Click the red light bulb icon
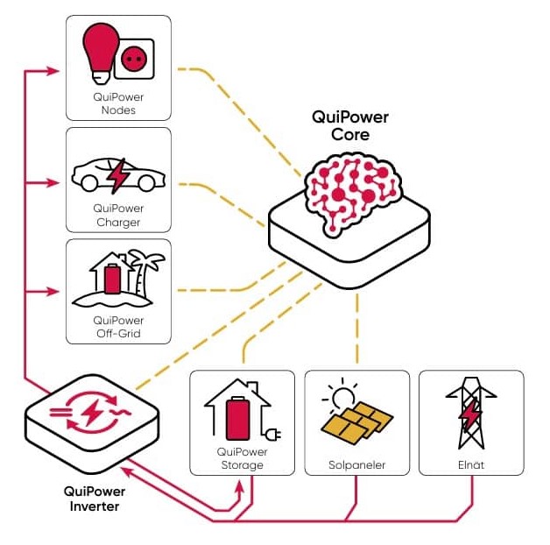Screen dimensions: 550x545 (x=101, y=53)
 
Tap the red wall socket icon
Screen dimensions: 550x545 (x=134, y=59)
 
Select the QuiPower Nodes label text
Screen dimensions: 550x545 (x=118, y=103)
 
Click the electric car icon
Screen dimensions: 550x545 (x=118, y=176)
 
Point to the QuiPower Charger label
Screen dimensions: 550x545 (x=118, y=216)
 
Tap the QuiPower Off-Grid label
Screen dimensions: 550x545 (x=118, y=327)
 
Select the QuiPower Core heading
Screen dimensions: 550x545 (x=350, y=125)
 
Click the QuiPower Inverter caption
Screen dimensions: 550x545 (x=95, y=499)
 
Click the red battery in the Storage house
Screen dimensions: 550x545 (x=238, y=418)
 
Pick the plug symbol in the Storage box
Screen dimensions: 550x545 (x=273, y=435)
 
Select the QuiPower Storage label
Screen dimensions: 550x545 (x=242, y=458)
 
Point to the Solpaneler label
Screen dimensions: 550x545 (x=356, y=465)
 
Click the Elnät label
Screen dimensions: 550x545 (x=471, y=465)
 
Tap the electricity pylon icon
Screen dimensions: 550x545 (x=471, y=414)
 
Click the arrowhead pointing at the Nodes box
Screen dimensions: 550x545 (x=53, y=71)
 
